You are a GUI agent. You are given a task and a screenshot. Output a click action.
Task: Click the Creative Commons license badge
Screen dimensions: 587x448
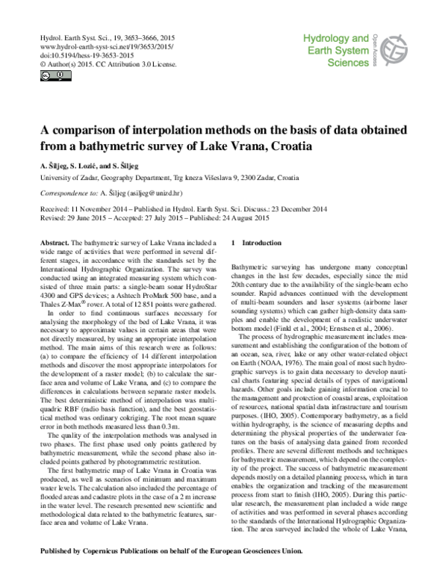point(46,75)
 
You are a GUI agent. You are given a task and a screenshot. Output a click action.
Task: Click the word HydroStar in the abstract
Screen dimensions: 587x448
point(199,280)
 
